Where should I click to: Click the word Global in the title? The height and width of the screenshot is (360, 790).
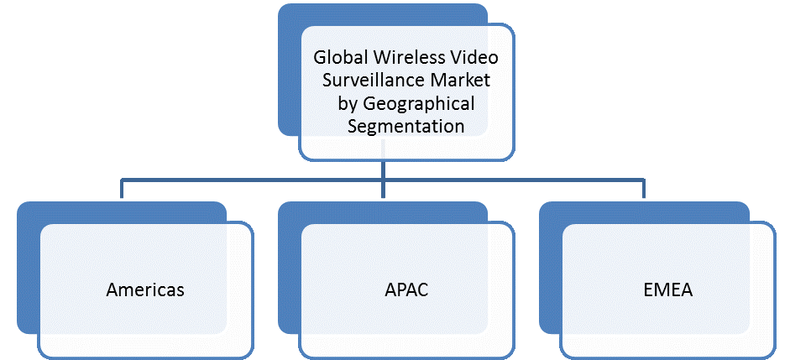click(x=337, y=60)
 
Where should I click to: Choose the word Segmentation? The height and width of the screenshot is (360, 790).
click(x=406, y=126)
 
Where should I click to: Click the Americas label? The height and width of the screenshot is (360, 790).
click(x=145, y=290)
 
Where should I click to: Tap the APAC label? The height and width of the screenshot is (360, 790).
click(x=407, y=290)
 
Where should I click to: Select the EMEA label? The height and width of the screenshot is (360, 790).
click(x=668, y=290)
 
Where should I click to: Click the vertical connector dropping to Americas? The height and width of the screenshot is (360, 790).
click(x=122, y=189)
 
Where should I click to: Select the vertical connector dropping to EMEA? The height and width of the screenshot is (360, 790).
click(x=645, y=189)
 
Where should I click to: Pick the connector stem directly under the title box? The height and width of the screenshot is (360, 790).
click(x=384, y=168)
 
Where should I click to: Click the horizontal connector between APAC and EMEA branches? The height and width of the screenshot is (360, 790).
click(x=514, y=179)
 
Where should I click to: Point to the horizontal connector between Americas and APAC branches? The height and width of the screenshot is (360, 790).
click(x=252, y=179)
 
